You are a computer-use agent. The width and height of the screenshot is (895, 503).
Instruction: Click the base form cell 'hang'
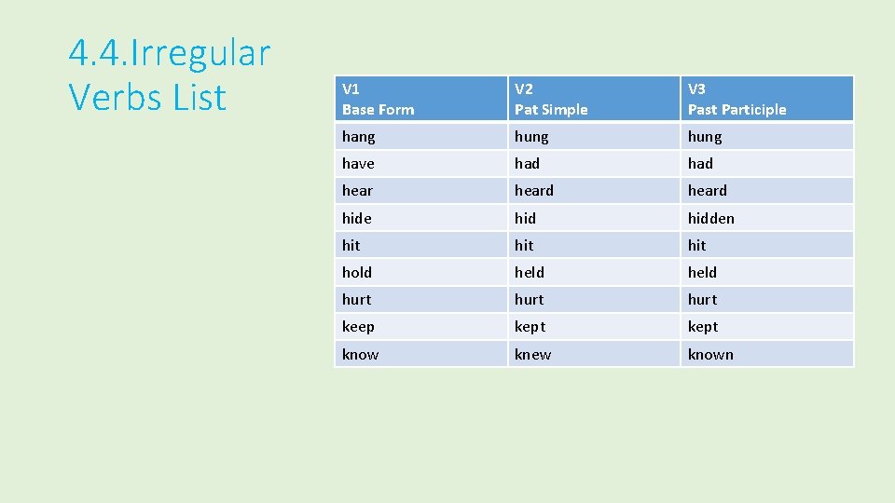tap(359, 137)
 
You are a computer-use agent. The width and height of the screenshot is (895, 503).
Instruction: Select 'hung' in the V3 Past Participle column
tap(705, 137)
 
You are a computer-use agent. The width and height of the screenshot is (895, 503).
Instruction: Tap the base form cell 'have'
tap(358, 164)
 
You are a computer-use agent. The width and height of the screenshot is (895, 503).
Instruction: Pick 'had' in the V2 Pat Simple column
tap(527, 164)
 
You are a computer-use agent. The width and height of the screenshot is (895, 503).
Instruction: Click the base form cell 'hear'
tap(357, 191)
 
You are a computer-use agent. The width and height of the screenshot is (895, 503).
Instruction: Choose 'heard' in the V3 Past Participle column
tap(708, 191)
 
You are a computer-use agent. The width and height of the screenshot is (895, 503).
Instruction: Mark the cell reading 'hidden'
tap(711, 218)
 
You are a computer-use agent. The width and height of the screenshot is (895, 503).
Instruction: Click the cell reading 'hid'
tap(525, 218)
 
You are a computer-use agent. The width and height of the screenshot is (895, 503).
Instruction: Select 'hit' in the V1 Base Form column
tap(351, 245)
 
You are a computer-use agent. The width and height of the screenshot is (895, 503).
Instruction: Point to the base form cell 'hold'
tap(357, 273)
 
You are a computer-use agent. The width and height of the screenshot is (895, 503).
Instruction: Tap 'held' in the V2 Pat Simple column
tap(530, 273)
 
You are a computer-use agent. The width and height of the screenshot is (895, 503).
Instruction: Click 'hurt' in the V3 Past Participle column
tap(703, 300)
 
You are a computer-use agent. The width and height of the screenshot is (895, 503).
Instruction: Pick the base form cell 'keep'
tap(358, 327)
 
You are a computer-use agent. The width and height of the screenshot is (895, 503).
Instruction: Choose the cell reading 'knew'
tap(532, 355)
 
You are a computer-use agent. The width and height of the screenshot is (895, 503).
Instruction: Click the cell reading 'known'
tap(710, 355)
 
